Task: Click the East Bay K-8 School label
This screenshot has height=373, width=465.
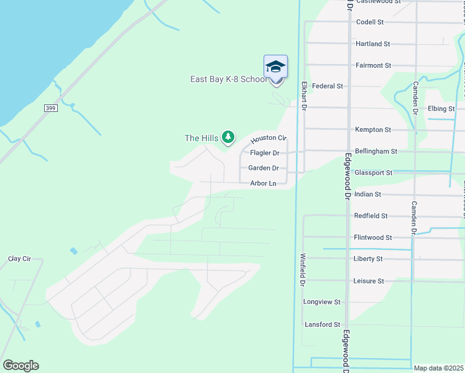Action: click(x=229, y=79)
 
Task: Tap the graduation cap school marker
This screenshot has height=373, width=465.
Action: click(x=275, y=67)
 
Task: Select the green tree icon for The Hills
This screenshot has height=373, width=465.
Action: click(x=228, y=137)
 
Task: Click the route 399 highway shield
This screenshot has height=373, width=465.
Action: click(x=52, y=108)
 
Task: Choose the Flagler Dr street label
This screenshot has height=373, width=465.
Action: click(x=264, y=153)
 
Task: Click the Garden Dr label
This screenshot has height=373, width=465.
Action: click(x=263, y=168)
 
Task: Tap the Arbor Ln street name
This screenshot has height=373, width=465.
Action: click(x=262, y=183)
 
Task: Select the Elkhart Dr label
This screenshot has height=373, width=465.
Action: click(x=305, y=96)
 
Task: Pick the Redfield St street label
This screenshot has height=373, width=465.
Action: click(x=371, y=216)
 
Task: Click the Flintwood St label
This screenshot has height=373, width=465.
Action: click(x=372, y=237)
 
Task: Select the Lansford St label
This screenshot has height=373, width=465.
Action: click(x=321, y=325)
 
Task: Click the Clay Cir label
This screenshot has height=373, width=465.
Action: click(x=19, y=259)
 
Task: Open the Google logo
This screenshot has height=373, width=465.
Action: click(x=21, y=366)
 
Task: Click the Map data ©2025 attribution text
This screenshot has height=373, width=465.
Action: click(x=438, y=368)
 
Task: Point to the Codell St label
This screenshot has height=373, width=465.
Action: click(x=369, y=22)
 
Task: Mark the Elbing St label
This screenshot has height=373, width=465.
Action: click(x=441, y=109)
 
